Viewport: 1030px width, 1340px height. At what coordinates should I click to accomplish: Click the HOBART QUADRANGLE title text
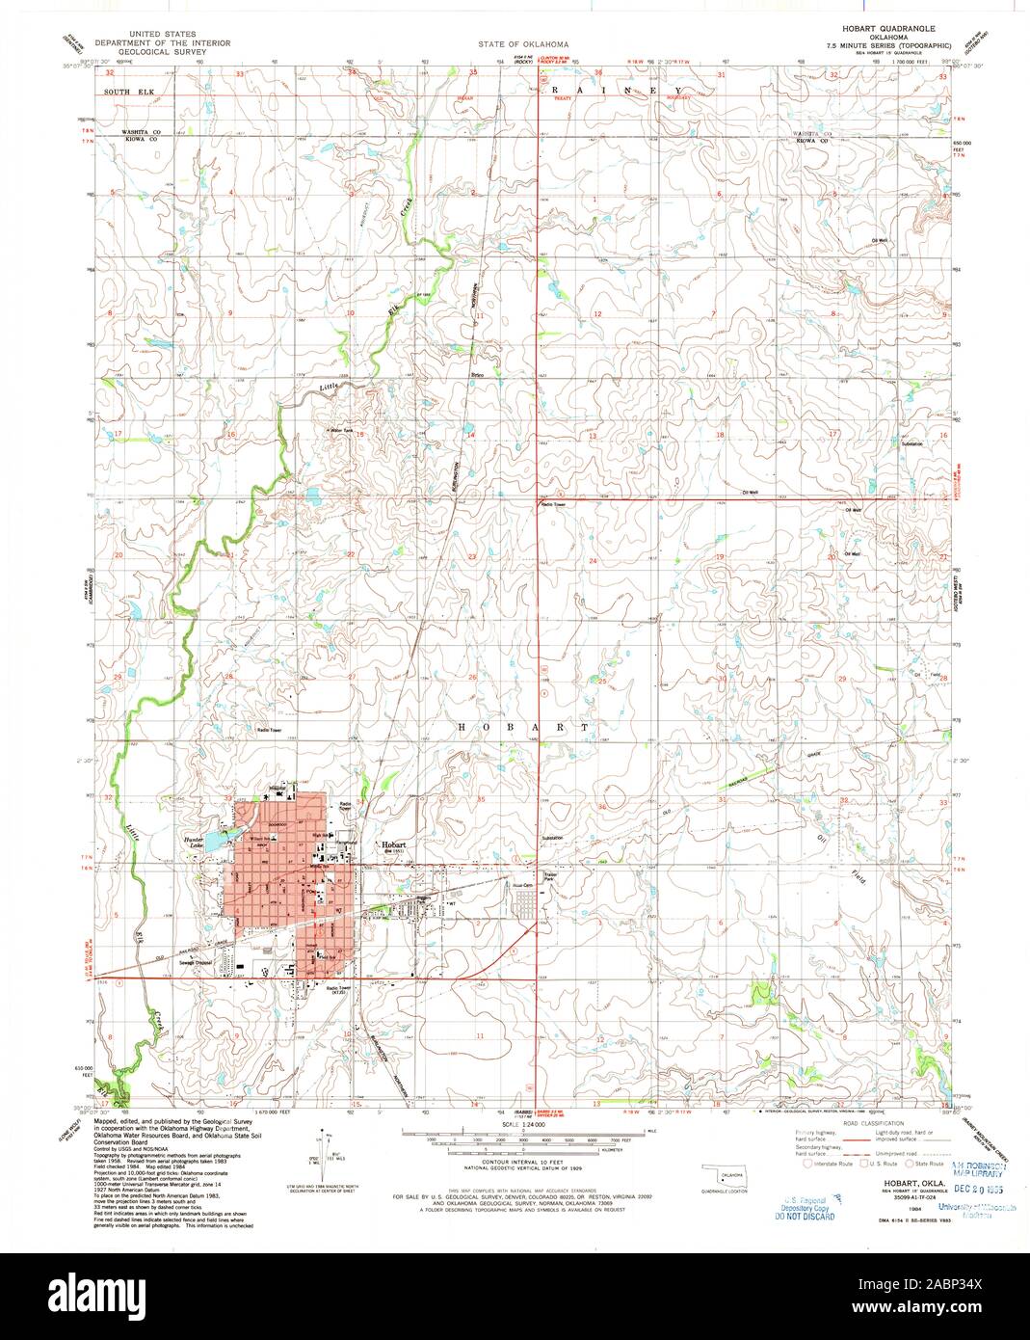(x=887, y=29)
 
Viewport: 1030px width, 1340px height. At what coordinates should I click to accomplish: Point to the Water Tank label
(x=343, y=430)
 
